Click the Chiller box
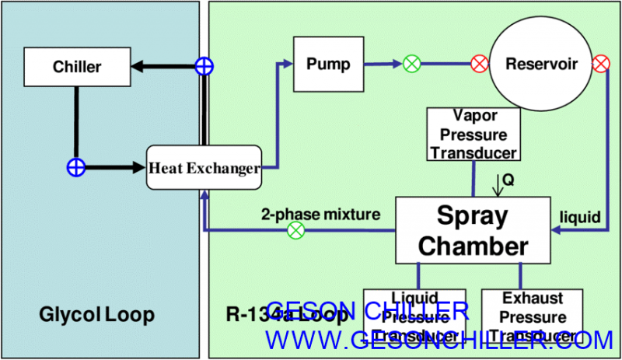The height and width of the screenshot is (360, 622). tap(75, 67)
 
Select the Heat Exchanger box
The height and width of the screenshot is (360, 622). tap(203, 166)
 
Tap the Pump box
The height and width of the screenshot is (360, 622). tap(328, 63)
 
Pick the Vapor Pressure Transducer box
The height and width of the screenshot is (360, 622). tap(473, 134)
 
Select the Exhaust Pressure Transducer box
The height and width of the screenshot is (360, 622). tap(533, 317)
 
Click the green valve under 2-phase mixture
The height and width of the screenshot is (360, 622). tap(295, 230)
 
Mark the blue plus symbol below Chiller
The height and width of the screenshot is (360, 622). tap(75, 166)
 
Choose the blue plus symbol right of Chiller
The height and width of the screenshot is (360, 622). tap(203, 67)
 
